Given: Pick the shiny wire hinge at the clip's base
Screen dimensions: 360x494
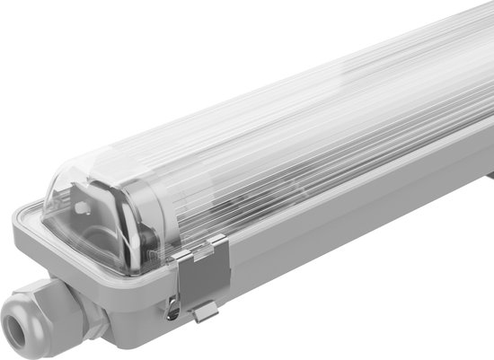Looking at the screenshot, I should point(172,310).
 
